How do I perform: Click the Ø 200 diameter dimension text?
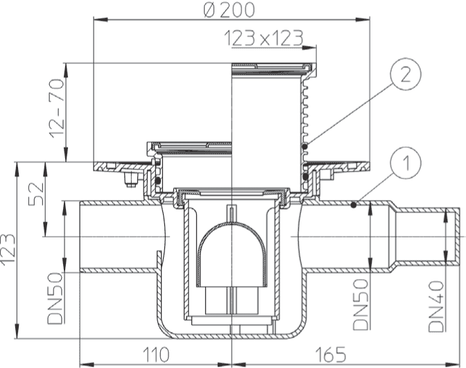pyautogui.click(x=229, y=10)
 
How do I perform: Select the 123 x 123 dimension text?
pyautogui.click(x=264, y=38)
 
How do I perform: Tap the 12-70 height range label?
pyautogui.click(x=57, y=108)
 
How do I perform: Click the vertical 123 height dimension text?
pyautogui.click(x=8, y=249)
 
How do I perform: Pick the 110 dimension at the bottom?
pyautogui.click(x=156, y=355)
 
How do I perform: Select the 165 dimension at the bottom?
pyautogui.click(x=331, y=355)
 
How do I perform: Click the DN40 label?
pyautogui.click(x=436, y=306)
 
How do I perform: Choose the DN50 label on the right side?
pyautogui.click(x=361, y=305)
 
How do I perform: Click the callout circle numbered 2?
pyautogui.click(x=406, y=74)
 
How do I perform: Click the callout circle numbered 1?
pyautogui.click(x=406, y=163)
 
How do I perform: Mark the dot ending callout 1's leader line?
pyautogui.click(x=354, y=205)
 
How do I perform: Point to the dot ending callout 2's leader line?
pyautogui.click(x=305, y=147)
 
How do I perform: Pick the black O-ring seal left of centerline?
pyautogui.click(x=158, y=181)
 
